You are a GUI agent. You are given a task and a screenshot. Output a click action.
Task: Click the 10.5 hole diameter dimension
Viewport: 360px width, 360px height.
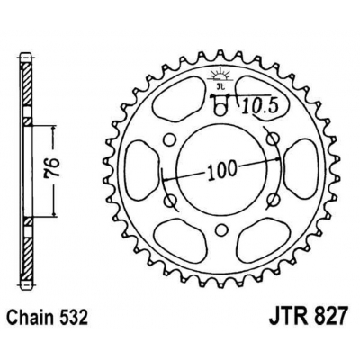[x=259, y=106]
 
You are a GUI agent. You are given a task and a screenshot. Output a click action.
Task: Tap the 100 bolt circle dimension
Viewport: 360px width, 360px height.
[x=221, y=171]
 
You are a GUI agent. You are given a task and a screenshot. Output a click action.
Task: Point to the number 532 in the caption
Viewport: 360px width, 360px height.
[x=75, y=317]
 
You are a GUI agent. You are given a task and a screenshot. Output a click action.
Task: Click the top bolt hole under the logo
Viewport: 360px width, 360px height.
[x=221, y=108]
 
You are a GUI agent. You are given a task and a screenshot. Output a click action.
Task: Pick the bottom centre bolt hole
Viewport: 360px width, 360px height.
[x=221, y=229]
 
